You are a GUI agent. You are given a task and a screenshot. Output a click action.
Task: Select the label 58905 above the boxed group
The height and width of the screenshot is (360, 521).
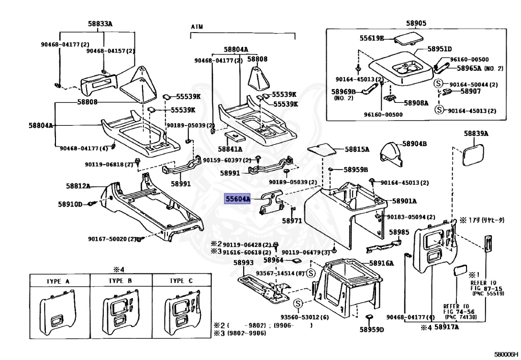point(416,23)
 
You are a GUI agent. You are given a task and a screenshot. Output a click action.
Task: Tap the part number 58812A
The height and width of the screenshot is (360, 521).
point(78,186)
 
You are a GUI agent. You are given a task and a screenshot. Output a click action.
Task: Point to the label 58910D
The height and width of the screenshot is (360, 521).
point(70,204)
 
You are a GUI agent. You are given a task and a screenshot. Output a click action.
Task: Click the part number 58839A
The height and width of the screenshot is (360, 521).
point(476,134)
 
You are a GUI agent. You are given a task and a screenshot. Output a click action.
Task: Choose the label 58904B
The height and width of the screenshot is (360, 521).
point(414,144)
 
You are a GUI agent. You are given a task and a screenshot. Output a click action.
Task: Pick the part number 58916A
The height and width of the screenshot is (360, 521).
point(382,263)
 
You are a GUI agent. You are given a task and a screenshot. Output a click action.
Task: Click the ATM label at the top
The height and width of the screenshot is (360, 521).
point(197,26)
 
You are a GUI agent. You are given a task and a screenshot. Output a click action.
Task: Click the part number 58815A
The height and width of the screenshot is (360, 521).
point(357,149)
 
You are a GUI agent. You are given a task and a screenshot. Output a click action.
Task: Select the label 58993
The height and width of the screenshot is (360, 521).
point(243,263)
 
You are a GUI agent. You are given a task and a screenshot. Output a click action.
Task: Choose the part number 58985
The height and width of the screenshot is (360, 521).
point(399,232)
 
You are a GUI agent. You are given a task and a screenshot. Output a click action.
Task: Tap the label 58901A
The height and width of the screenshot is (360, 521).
point(404,201)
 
